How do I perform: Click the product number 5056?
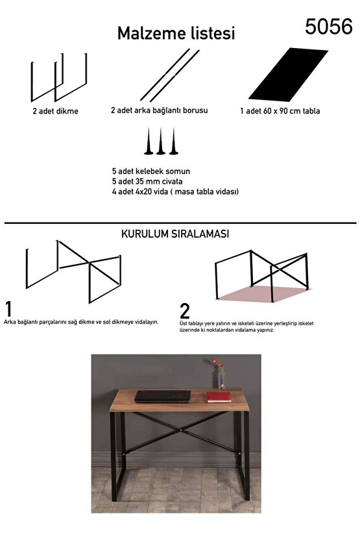329,26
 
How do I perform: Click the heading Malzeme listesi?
176,34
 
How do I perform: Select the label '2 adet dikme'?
55,111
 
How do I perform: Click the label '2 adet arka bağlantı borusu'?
159,110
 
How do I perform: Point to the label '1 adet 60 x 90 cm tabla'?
280,111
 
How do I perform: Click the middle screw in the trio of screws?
160,142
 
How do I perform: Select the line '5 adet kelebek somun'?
150,171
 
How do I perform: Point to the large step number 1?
8,308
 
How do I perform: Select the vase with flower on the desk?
221,376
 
